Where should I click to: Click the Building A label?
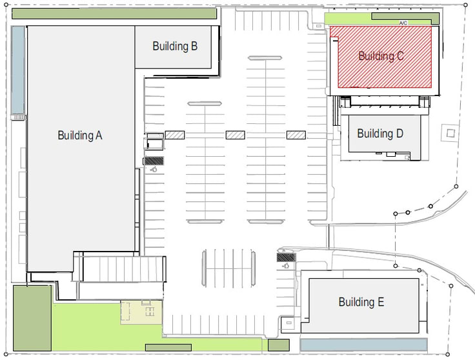click(x=80, y=135)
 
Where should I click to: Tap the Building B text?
click(x=175, y=46)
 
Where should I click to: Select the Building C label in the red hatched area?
click(x=381, y=56)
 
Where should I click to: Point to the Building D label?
click(x=380, y=134)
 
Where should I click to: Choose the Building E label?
click(x=361, y=302)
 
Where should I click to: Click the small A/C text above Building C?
click(x=403, y=23)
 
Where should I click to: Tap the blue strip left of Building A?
click(x=18, y=70)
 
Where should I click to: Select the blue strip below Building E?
click(x=363, y=345)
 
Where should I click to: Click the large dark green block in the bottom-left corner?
click(x=32, y=318)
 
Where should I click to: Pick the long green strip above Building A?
click(x=114, y=14)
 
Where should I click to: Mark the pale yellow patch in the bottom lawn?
click(x=141, y=312)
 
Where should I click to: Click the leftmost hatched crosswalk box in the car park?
click(x=175, y=135)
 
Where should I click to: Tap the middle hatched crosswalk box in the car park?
click(x=236, y=135)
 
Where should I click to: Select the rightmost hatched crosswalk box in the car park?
click(x=296, y=135)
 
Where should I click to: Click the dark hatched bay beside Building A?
click(x=154, y=161)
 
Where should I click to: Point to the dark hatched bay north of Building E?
click(x=287, y=257)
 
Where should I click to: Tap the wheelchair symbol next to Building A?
click(x=154, y=170)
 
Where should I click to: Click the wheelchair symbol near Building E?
click(x=286, y=266)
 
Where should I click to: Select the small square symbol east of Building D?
click(x=450, y=133)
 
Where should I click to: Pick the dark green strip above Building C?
click(x=405, y=18)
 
